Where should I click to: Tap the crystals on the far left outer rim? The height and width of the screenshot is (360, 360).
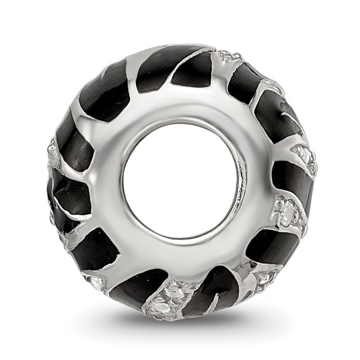53,153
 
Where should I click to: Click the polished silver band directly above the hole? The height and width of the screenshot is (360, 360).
181,102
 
